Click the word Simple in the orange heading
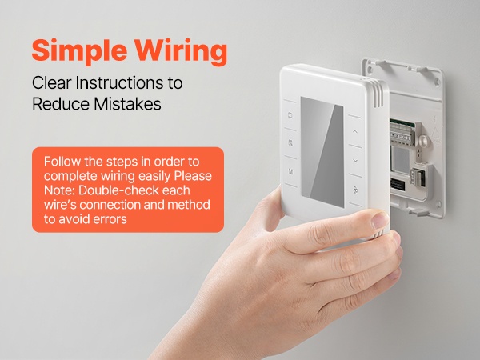[x=79, y=51]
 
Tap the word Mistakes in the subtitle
[x=127, y=104]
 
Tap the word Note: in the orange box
[x=59, y=190]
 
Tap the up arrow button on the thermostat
[x=355, y=132]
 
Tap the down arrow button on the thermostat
[x=355, y=161]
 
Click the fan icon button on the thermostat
[x=355, y=190]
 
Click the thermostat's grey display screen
[x=322, y=152]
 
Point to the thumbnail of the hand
[x=380, y=220]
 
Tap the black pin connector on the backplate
[x=397, y=185]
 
